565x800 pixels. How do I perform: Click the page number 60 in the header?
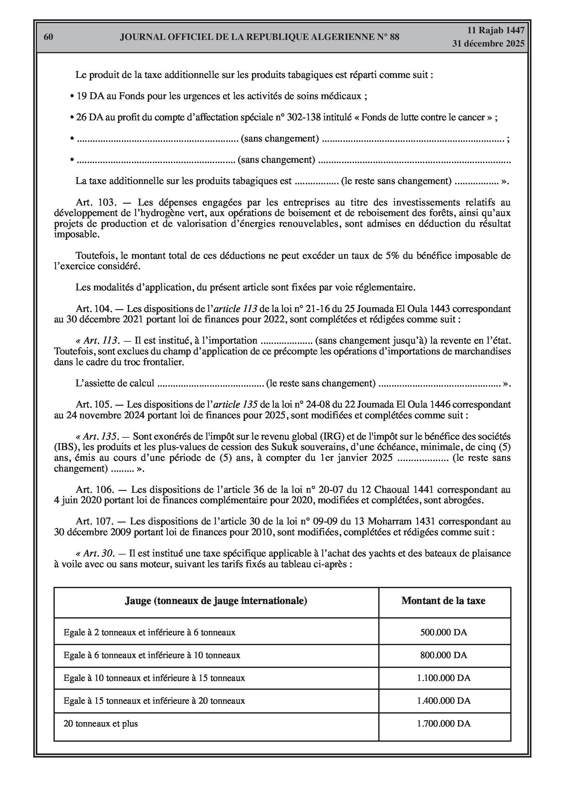tap(48, 37)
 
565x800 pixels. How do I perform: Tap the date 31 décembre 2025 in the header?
tap(488, 44)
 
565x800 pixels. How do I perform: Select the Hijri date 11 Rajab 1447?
tap(495, 30)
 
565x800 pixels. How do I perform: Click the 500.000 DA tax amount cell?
tap(443, 632)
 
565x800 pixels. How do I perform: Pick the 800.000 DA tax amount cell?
tap(443, 655)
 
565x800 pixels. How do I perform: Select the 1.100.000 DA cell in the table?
tap(443, 678)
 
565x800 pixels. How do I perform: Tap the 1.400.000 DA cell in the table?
tap(443, 700)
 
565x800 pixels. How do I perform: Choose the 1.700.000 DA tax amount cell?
tap(443, 723)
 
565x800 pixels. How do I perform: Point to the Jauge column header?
tap(216, 601)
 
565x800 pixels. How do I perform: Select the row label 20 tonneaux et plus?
tap(101, 724)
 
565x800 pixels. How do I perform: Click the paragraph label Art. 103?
tap(95, 202)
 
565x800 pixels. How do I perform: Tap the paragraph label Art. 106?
tap(95, 490)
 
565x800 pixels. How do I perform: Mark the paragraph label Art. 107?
tap(95, 522)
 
